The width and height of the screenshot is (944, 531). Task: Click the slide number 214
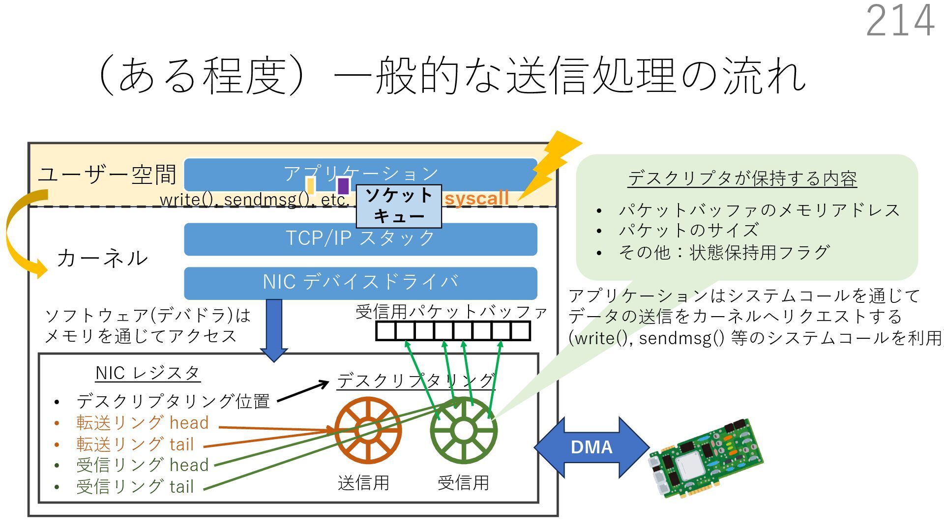tap(900, 21)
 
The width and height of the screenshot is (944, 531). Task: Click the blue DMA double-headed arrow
tap(591, 447)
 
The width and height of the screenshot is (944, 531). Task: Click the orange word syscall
tap(476, 199)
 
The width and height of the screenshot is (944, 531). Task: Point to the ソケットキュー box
tap(399, 206)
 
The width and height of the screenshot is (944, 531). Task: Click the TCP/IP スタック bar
tap(360, 239)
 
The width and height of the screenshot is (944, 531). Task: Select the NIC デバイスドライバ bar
tap(360, 283)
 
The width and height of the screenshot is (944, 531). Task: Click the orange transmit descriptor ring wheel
tap(368, 431)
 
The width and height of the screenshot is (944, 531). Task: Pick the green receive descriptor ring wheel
tap(463, 431)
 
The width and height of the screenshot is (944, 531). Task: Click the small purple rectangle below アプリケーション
tap(343, 186)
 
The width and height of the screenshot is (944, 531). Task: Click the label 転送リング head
tap(142, 423)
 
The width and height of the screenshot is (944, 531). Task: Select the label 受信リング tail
tap(135, 487)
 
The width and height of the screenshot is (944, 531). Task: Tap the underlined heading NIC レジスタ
tap(147, 373)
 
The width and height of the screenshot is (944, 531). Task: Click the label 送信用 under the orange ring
tap(363, 483)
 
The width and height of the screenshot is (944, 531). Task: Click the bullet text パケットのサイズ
tap(688, 230)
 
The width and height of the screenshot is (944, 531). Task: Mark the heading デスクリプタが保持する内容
tap(742, 178)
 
